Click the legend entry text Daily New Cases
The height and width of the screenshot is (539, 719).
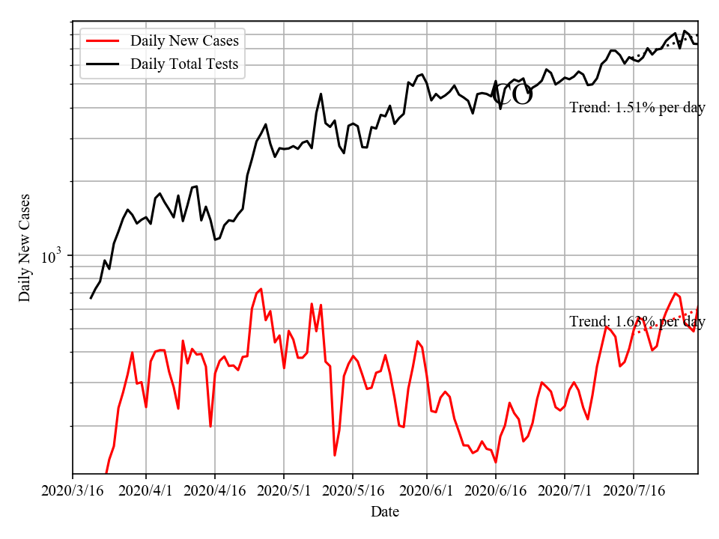tap(184, 40)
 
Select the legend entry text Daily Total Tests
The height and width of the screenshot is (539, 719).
tap(184, 64)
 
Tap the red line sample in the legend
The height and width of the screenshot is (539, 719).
tap(104, 40)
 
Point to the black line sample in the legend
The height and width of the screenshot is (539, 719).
tap(104, 64)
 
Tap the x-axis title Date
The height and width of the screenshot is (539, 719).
tap(385, 512)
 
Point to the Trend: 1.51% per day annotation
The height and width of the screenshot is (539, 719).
tap(637, 108)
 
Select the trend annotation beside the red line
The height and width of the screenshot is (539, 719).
tap(637, 322)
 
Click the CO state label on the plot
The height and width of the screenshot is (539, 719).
tap(513, 95)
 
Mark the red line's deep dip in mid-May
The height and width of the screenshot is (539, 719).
tap(335, 454)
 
